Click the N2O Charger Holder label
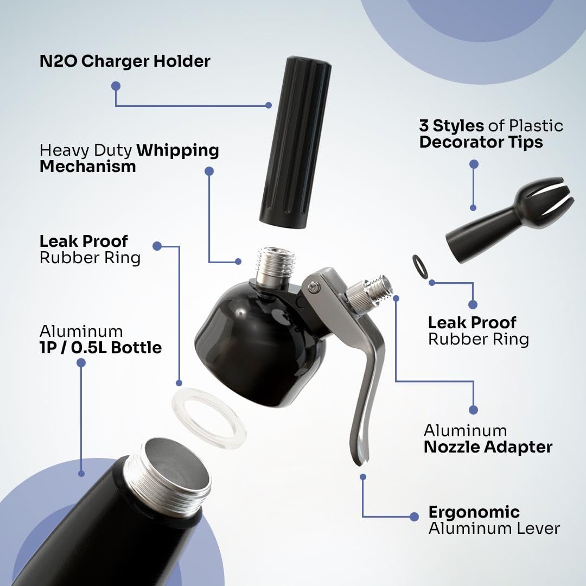click(x=125, y=61)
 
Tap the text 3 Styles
click(x=451, y=126)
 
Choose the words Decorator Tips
click(x=481, y=142)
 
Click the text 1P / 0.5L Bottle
click(x=101, y=347)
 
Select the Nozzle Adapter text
click(x=488, y=447)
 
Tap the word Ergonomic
click(x=474, y=512)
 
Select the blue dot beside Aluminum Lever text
click(x=415, y=517)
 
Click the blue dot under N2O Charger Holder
click(x=116, y=86)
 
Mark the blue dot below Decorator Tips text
click(x=474, y=164)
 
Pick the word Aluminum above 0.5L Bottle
click(x=81, y=331)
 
